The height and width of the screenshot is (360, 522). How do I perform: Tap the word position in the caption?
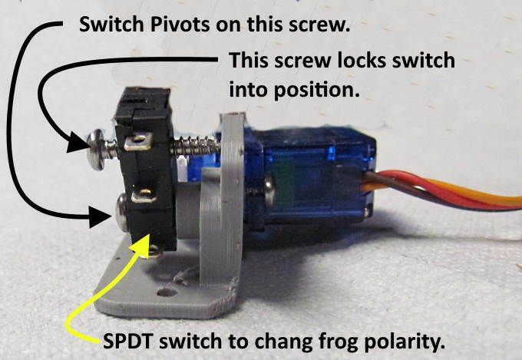tap(317, 90)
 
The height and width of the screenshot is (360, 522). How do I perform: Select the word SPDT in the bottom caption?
tap(129, 341)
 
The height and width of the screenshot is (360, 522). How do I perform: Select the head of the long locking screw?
tap(97, 150)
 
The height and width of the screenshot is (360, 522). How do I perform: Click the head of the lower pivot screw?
tap(121, 213)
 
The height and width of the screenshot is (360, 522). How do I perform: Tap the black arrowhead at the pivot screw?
tap(100, 216)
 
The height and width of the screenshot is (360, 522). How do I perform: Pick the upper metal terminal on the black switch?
tap(138, 141)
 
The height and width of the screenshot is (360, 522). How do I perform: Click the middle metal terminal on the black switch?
tap(144, 196)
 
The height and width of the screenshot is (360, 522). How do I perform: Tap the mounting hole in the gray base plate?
tap(167, 292)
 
